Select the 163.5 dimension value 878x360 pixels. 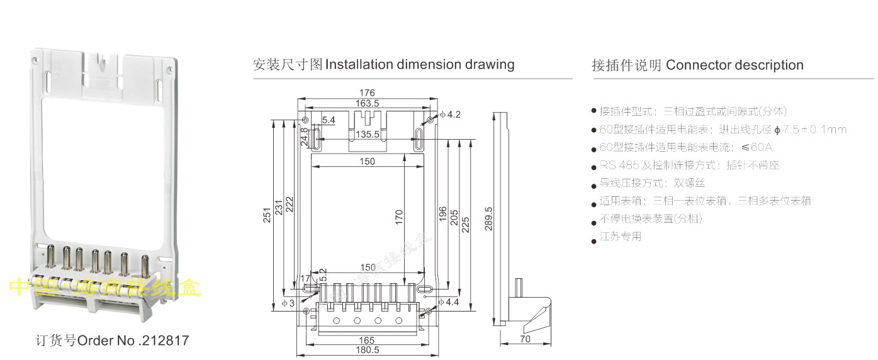(367, 103)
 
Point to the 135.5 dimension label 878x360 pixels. (367, 134)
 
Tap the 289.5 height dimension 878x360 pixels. (488, 218)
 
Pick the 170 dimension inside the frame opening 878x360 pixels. (398, 217)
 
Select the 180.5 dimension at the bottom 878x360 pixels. (367, 350)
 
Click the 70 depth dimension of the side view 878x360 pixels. (526, 339)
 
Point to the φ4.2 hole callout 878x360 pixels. (451, 115)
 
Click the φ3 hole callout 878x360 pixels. (288, 303)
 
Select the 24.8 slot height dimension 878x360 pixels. (305, 137)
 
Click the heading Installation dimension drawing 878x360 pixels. (420, 65)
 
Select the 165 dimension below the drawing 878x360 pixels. (366, 340)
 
